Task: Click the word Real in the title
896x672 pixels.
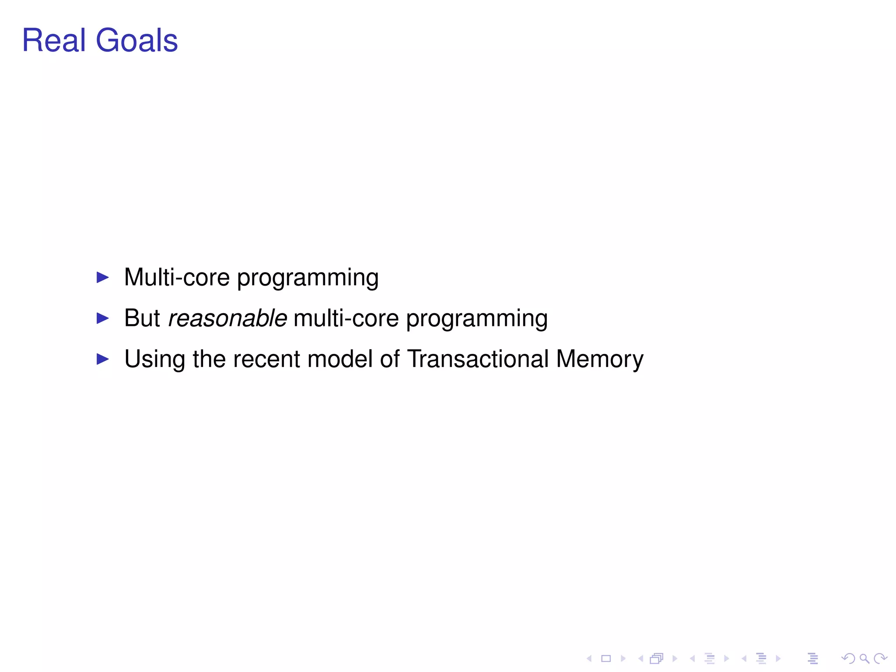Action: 53,40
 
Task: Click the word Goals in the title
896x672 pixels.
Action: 136,40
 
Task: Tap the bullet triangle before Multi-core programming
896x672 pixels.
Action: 102,277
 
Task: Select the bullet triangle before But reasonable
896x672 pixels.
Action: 102,318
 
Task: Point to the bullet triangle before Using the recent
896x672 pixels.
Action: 102,359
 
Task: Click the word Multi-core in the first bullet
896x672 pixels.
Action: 177,277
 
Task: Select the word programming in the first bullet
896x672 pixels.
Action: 308,278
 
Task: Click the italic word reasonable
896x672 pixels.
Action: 227,318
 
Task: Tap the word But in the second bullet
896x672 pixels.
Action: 142,318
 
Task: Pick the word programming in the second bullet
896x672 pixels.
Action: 476,319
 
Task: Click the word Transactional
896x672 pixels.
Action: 478,359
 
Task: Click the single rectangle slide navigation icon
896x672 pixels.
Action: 606,658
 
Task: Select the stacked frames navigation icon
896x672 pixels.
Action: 657,658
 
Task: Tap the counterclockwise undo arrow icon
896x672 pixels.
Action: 848,658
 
